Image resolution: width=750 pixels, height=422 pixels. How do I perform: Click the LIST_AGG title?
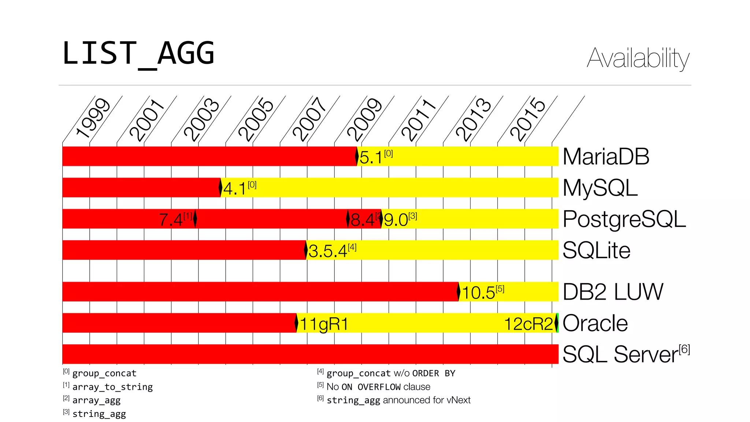point(138,54)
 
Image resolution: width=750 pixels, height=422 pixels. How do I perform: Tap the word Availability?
point(638,58)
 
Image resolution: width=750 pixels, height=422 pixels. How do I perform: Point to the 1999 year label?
point(93,118)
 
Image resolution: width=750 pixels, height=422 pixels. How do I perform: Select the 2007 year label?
point(309,119)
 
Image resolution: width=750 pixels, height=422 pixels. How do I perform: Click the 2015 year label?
point(527,119)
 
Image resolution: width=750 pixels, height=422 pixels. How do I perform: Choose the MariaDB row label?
point(606,157)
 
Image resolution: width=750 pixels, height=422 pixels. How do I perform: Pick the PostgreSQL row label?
point(624,219)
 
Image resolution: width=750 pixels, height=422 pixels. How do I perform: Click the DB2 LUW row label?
point(613,292)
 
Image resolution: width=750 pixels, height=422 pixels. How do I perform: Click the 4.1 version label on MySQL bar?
point(234,189)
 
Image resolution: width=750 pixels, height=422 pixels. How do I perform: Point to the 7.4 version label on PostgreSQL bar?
point(171,220)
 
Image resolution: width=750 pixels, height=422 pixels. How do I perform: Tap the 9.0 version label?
point(396,220)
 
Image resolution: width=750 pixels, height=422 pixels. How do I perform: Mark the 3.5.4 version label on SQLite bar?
point(327,251)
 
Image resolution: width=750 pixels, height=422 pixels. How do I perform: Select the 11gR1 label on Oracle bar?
point(324,324)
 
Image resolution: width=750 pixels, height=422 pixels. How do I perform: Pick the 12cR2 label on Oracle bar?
point(528,324)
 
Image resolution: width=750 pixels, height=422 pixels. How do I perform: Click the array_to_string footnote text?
point(112,387)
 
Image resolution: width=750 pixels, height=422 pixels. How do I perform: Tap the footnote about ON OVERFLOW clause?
point(378,387)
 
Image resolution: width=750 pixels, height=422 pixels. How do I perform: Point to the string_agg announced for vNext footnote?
point(398,400)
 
